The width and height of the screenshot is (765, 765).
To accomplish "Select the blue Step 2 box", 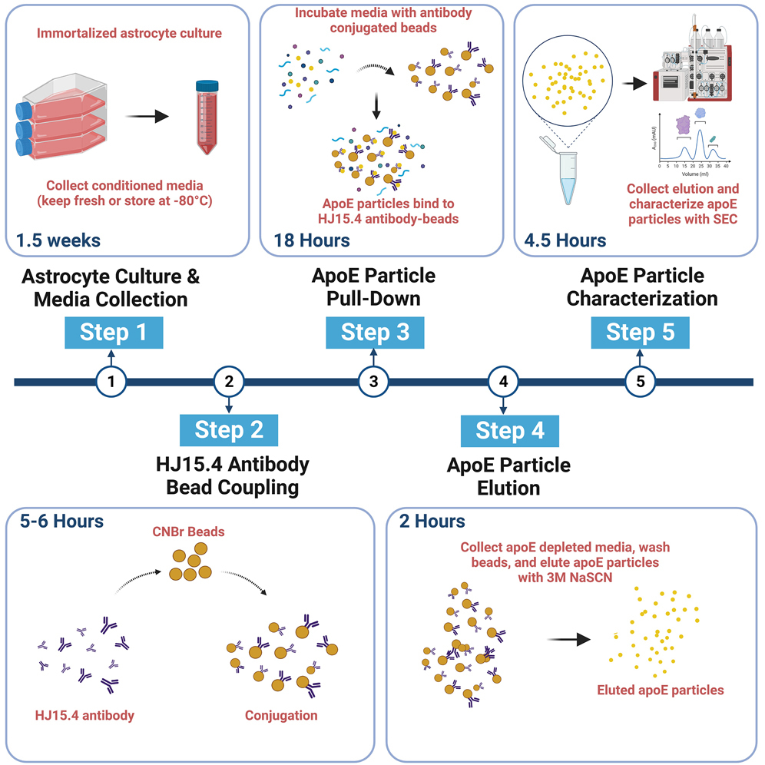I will [228, 429].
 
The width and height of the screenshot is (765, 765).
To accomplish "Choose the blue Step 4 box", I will [510, 430].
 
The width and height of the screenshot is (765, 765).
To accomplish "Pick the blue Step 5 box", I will [641, 333].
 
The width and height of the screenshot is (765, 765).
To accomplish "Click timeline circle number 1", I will [111, 380].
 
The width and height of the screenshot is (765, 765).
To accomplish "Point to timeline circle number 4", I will [503, 380].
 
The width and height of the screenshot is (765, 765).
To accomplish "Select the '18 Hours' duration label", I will [312, 241].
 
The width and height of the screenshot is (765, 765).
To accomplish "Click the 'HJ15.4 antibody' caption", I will [84, 715].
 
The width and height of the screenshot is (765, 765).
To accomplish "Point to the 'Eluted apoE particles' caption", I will [661, 690].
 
